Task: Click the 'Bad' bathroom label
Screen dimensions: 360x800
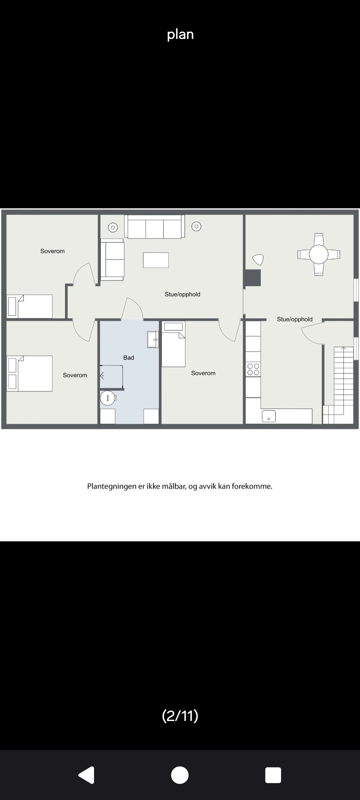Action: (x=129, y=358)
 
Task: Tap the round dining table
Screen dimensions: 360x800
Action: (x=319, y=254)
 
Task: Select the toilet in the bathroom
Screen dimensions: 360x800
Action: (x=108, y=398)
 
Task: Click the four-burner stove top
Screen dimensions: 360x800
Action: (x=253, y=370)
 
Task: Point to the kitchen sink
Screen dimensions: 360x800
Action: (x=269, y=416)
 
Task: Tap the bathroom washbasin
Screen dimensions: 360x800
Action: (x=153, y=340)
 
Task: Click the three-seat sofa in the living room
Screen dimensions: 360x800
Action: (x=155, y=227)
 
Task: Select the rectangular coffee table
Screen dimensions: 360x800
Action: (x=156, y=260)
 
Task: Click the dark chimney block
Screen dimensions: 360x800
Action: (x=252, y=278)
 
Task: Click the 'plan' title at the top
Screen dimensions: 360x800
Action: (x=180, y=34)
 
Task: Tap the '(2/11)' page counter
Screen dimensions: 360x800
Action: (x=180, y=715)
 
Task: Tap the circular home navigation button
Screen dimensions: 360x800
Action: (x=180, y=775)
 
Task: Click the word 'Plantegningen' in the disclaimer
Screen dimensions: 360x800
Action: (x=112, y=486)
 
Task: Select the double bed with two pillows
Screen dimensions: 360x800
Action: (x=30, y=373)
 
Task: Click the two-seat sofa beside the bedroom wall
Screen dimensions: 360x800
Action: (x=112, y=259)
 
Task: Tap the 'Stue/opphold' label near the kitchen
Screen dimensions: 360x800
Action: (x=295, y=319)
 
